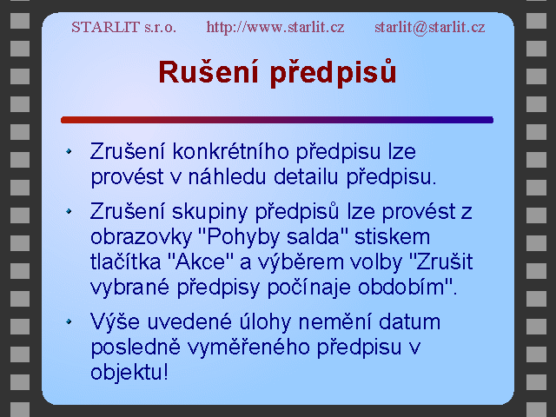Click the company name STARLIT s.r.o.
coord(123,27)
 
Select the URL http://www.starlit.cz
coord(275,27)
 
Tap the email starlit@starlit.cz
coord(430,27)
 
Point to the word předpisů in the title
coord(333,73)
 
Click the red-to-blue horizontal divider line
coord(277,120)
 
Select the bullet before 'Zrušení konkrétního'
coord(69,151)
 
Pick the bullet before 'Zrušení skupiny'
coord(69,212)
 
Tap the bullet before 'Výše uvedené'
coord(69,321)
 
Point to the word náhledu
coord(227,176)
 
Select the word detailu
coord(306,176)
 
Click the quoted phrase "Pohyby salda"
coord(275,236)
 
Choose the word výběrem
coord(300,261)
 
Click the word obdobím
coord(401,287)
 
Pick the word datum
coord(409,321)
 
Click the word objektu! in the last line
coord(129,373)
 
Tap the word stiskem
coord(392,236)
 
